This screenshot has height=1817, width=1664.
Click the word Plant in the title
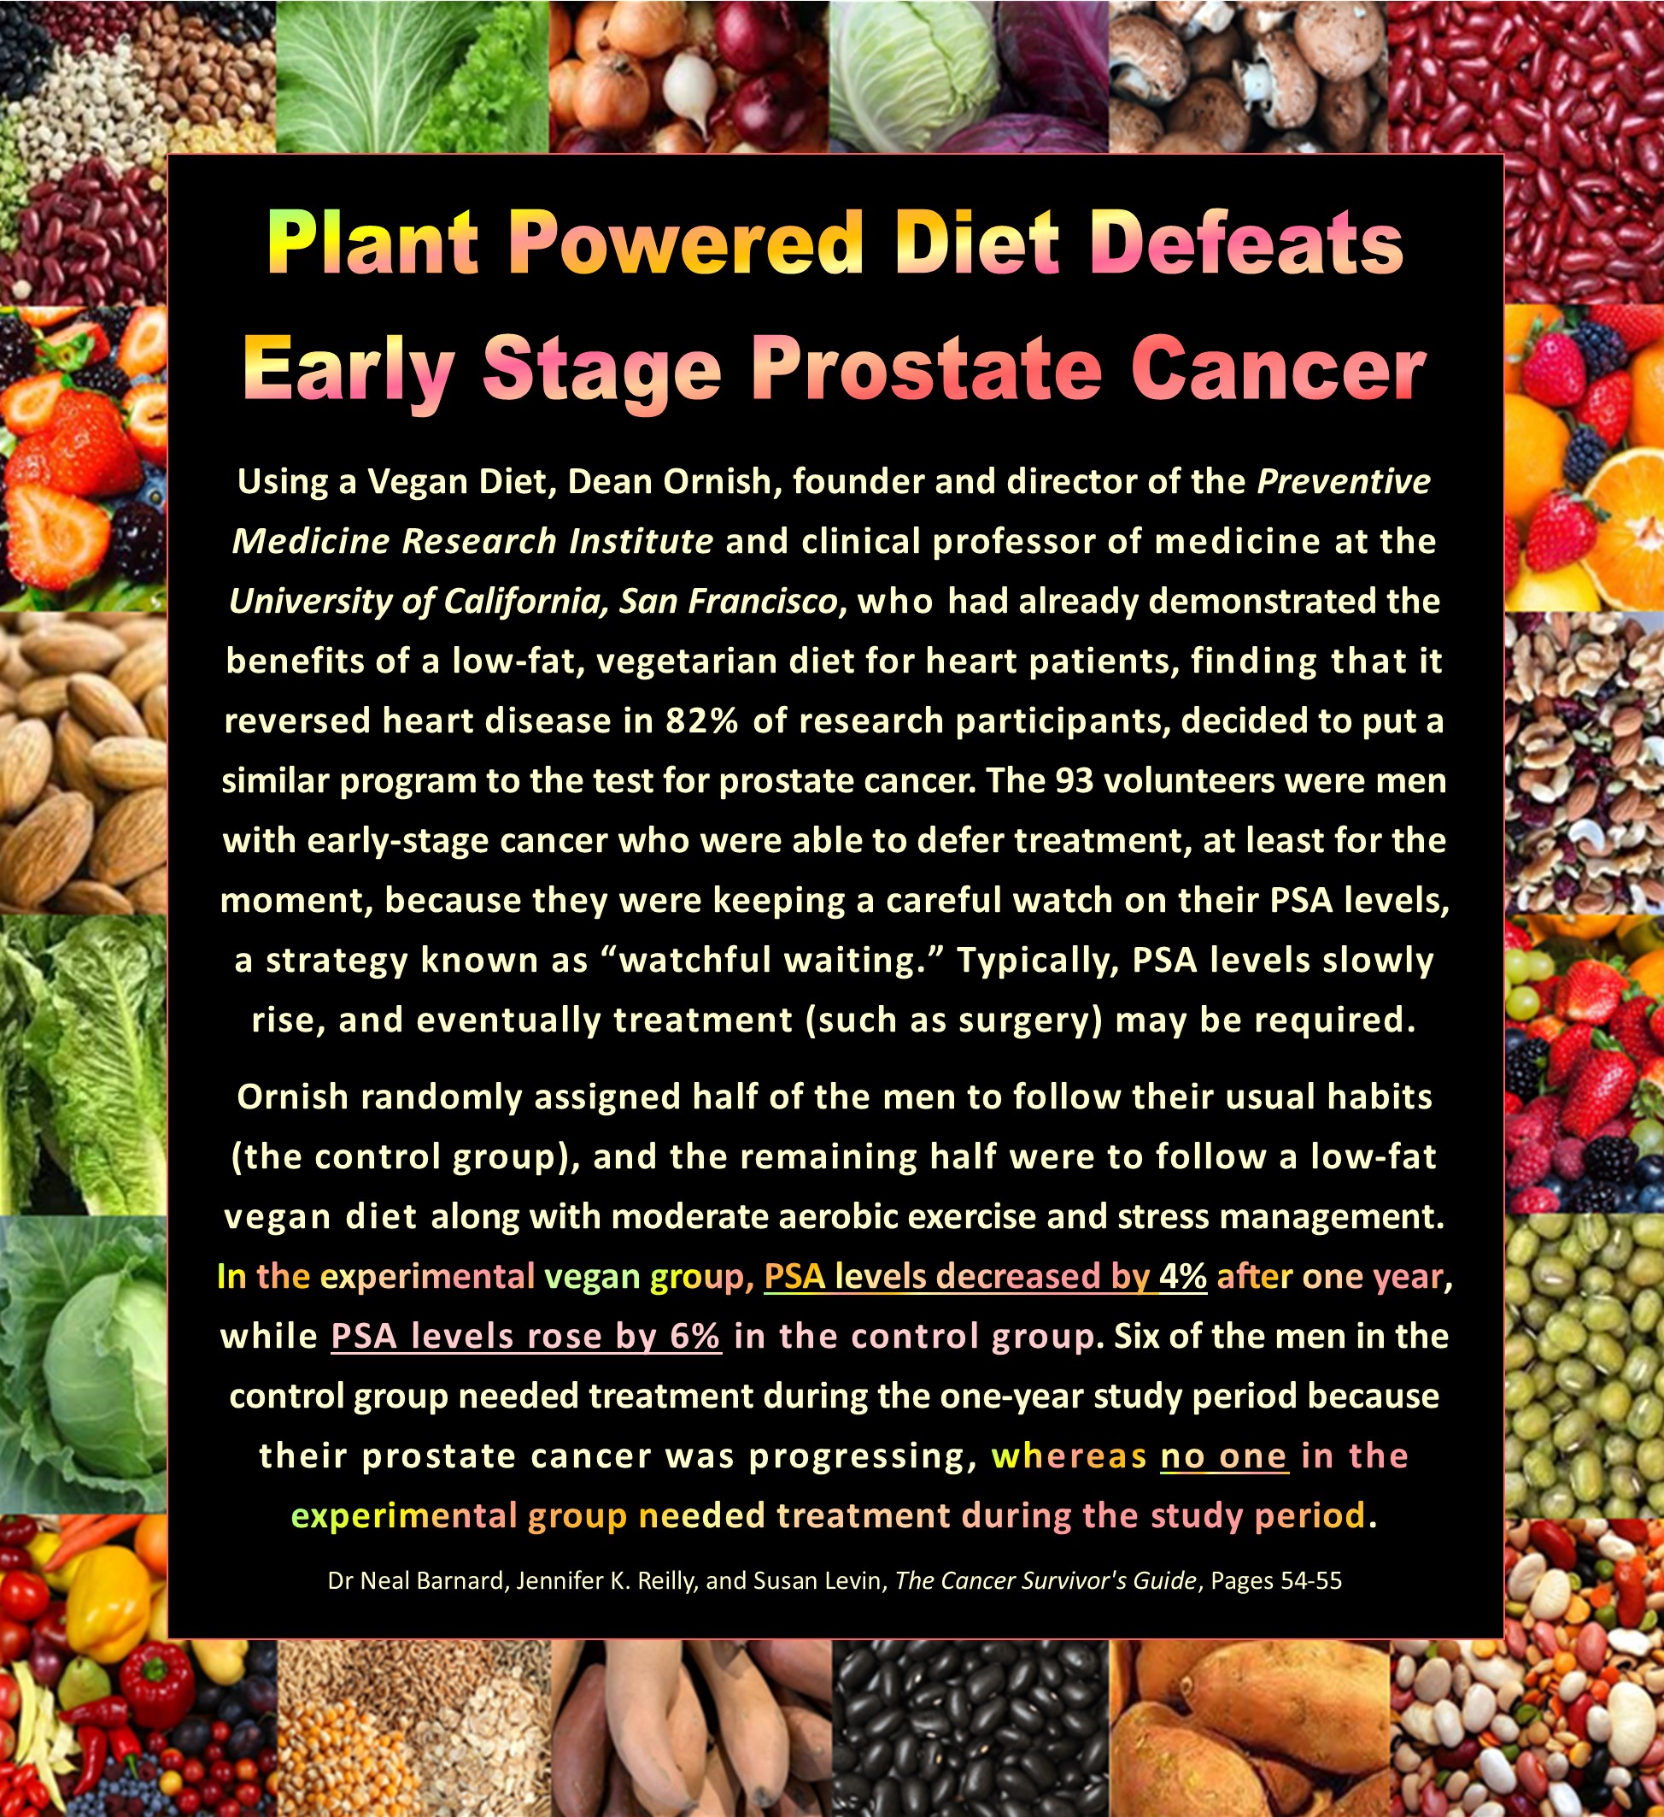click(372, 244)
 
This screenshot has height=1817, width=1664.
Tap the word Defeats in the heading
click(1251, 244)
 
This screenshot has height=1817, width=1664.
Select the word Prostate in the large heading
click(927, 370)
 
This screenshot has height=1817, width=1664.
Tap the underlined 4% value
click(1182, 1277)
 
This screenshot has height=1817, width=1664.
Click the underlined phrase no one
click(1223, 1456)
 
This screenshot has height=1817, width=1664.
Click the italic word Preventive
click(1344, 482)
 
